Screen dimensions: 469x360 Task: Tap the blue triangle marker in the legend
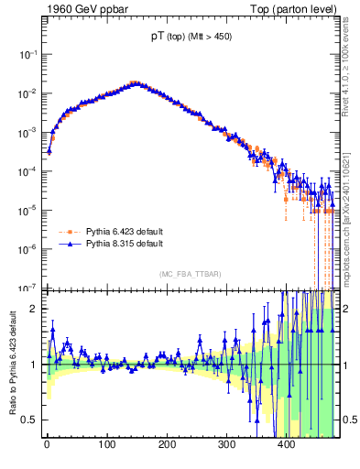(70, 244)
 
